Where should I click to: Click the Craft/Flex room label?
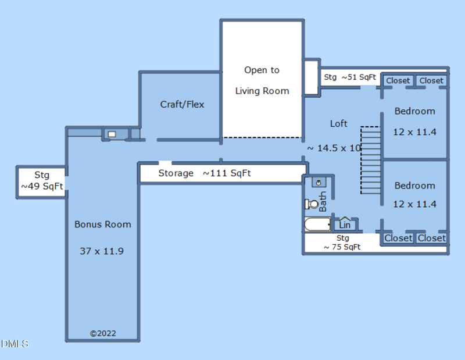coord(182,105)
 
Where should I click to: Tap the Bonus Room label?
coord(103,224)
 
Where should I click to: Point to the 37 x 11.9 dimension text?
coord(102,251)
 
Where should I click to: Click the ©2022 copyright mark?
coord(103,333)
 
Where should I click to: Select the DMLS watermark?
coord(15,344)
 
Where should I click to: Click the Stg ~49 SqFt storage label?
coord(42,180)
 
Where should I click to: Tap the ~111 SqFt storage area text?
coord(227,173)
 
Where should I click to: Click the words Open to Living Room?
coord(262,80)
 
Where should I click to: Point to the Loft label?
coord(339,123)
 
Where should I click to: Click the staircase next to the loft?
coord(371,161)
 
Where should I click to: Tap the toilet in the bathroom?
coord(312,204)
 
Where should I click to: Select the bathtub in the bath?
coord(317,224)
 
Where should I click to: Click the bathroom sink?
coord(319,183)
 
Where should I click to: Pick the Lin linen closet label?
coord(345,225)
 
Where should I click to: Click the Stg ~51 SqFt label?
coord(350,77)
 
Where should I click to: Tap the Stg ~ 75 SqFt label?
coord(342,243)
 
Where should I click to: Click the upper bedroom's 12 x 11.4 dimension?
coord(414,132)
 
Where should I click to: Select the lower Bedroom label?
coord(414,186)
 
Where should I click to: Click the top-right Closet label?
coord(431,81)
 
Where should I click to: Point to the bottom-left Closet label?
coord(398,238)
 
